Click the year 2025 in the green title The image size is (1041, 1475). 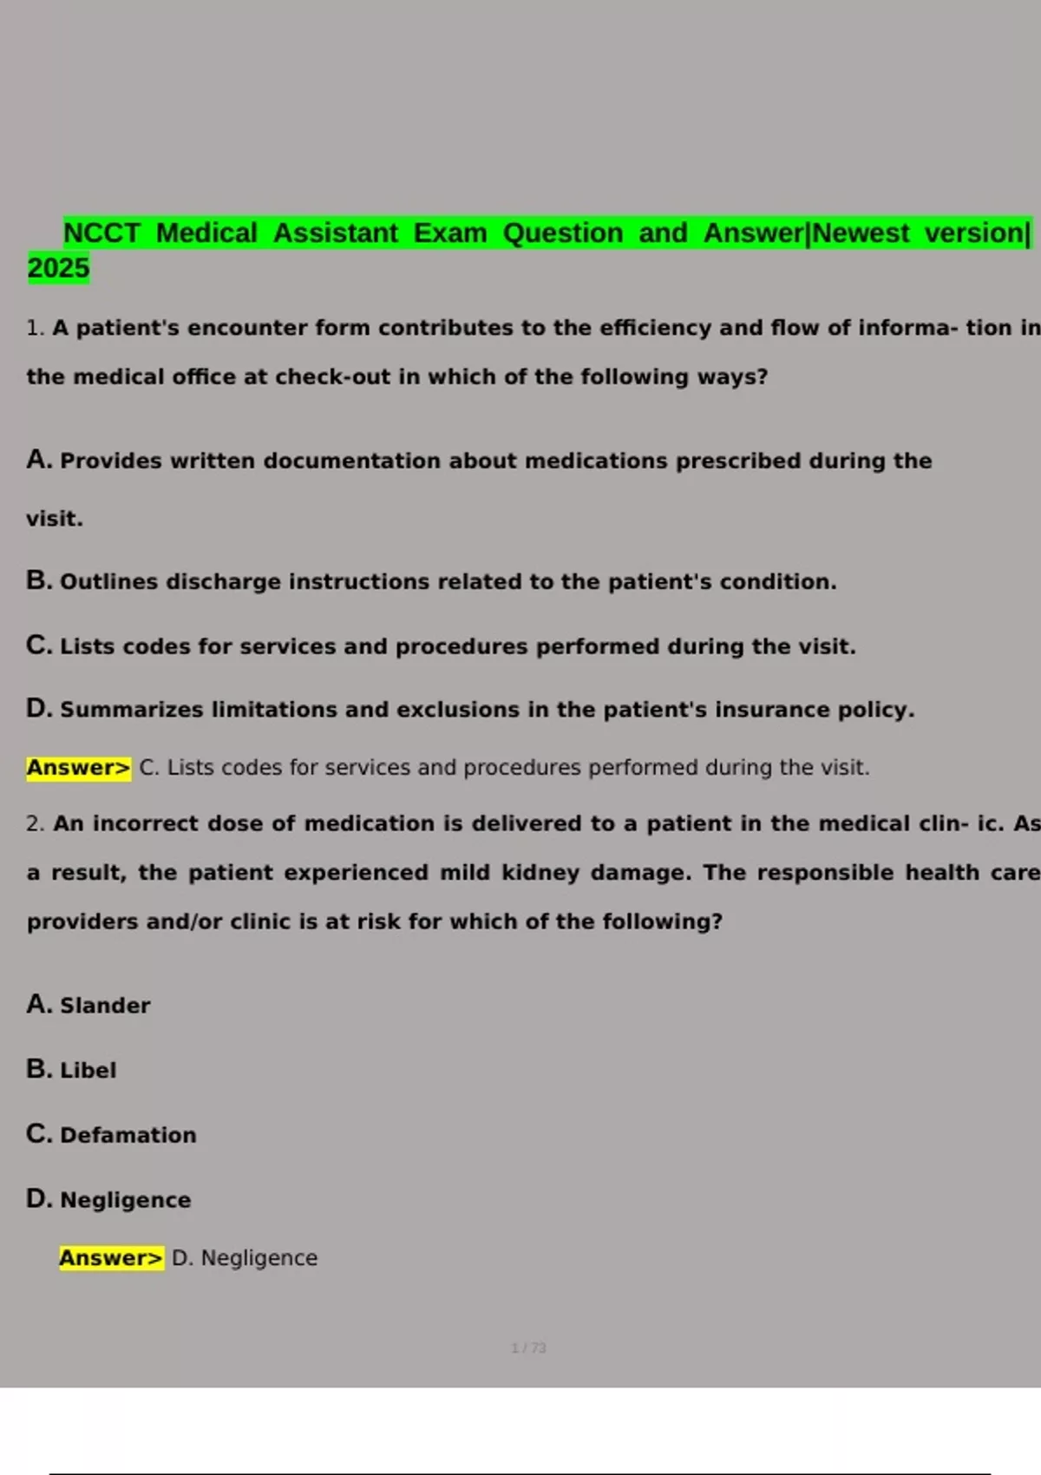point(58,268)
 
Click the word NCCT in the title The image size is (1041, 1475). point(101,233)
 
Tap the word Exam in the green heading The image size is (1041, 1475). point(449,233)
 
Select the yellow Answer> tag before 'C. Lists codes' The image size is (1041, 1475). point(78,768)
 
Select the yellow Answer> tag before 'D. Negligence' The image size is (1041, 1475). point(111,1258)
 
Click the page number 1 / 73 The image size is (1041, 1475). point(528,1347)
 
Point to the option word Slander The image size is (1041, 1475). point(105,1006)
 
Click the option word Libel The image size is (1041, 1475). point(88,1071)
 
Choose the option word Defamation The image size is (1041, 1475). point(128,1135)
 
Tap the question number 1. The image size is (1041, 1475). point(34,328)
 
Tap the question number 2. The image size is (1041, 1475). point(34,823)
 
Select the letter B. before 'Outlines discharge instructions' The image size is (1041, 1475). point(39,580)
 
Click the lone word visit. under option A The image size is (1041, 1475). point(55,519)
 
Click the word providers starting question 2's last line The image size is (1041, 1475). point(82,921)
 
